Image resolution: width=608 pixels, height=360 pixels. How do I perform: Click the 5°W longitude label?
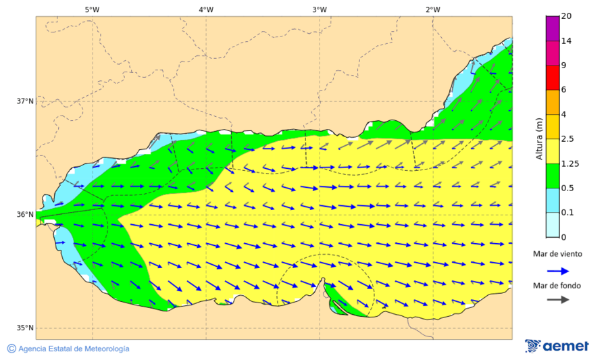[x=92, y=9]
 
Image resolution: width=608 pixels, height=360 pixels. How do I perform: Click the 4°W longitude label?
[x=205, y=9]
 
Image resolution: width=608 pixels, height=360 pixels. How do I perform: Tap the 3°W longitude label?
[x=319, y=9]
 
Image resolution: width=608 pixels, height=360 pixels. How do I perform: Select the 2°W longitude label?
[x=432, y=9]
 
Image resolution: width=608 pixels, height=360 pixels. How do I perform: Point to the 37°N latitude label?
[x=25, y=101]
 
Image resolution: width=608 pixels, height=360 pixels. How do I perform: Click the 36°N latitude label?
[x=25, y=215]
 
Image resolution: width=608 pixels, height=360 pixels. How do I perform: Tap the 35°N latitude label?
[x=25, y=328]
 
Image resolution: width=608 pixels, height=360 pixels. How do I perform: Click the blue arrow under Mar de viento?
[x=557, y=269]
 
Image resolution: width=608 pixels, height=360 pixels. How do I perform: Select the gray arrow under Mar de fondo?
[x=557, y=300]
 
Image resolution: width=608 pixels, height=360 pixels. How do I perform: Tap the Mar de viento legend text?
[x=557, y=254]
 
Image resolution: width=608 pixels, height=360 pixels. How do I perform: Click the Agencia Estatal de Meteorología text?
[x=74, y=349]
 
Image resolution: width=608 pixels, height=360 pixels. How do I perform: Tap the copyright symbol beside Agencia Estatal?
[x=11, y=349]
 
